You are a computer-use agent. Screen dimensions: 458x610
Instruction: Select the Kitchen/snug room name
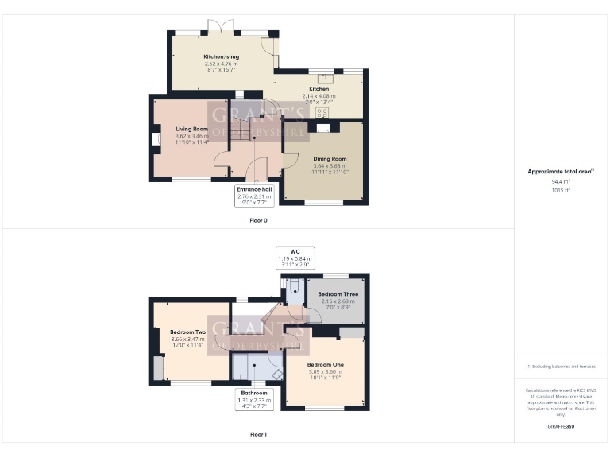pyautogui.click(x=221, y=57)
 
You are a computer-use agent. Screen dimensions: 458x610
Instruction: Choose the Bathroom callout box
pyautogui.click(x=255, y=396)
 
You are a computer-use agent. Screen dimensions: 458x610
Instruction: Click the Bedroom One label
pyautogui.click(x=324, y=364)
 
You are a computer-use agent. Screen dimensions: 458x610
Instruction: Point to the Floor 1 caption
pyautogui.click(x=259, y=434)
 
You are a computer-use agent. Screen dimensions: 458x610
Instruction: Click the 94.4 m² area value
pyautogui.click(x=561, y=182)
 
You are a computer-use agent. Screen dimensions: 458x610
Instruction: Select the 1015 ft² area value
pyautogui.click(x=561, y=190)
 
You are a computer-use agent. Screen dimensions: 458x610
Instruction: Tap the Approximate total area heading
pyautogui.click(x=561, y=171)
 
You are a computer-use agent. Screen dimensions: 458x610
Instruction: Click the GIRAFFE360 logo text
pyautogui.click(x=561, y=427)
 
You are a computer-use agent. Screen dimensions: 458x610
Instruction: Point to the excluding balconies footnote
pyautogui.click(x=561, y=366)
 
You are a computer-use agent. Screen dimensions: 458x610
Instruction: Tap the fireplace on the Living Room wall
pyautogui.click(x=156, y=139)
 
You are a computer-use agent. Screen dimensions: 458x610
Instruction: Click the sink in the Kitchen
pyautogui.click(x=324, y=78)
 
